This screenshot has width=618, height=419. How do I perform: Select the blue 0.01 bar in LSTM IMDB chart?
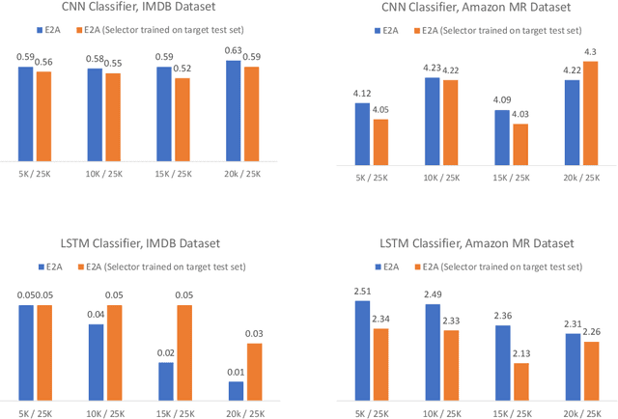click(235, 390)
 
